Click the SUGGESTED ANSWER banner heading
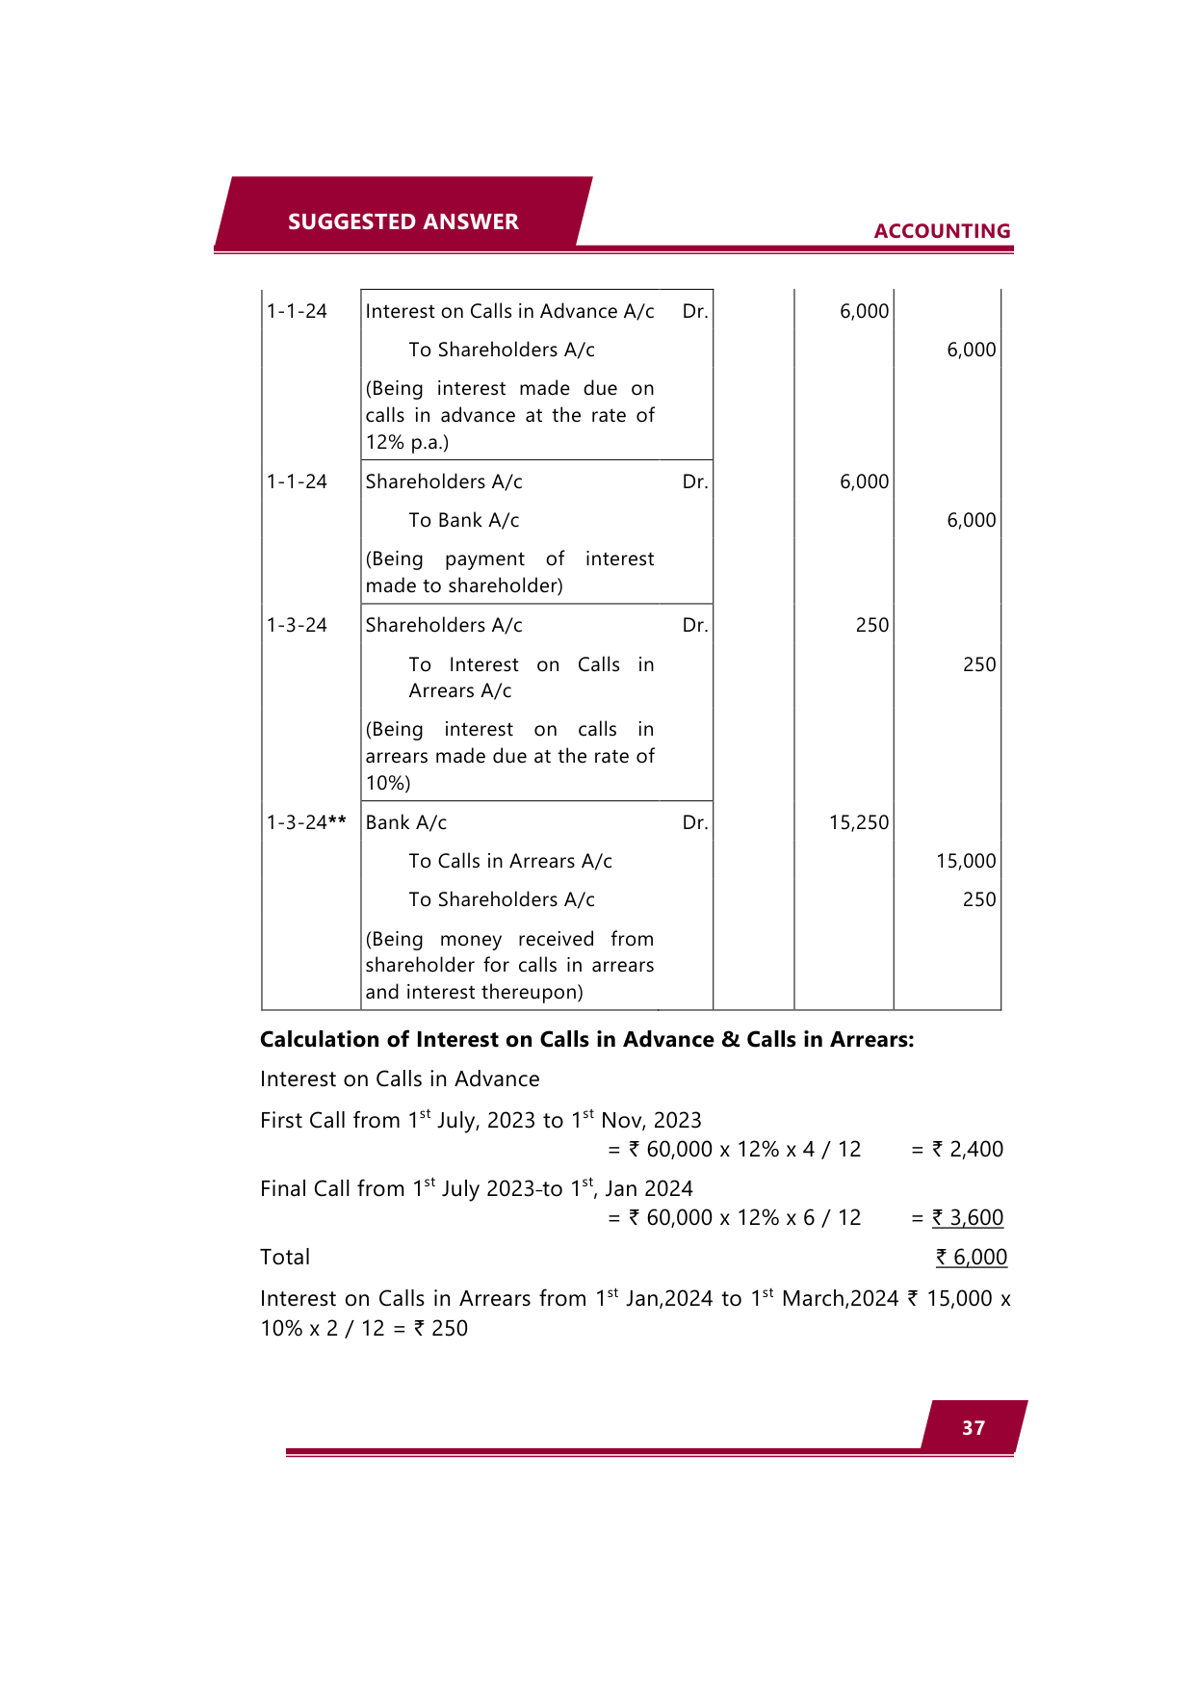(x=403, y=221)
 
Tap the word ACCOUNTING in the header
(x=942, y=231)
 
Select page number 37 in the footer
(x=974, y=1428)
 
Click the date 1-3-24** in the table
(x=306, y=822)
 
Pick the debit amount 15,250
(x=859, y=822)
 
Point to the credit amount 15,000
(x=966, y=861)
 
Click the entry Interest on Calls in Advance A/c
(x=509, y=311)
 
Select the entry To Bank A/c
(x=463, y=520)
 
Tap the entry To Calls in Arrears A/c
(x=510, y=861)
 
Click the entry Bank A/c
(x=406, y=822)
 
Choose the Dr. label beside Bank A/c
(x=695, y=822)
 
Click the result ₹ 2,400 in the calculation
(x=967, y=1149)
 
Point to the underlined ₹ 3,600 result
(x=967, y=1217)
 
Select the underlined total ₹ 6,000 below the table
(x=972, y=1257)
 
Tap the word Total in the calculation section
(x=285, y=1257)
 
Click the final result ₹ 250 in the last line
(x=441, y=1328)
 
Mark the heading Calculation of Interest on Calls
(x=586, y=1039)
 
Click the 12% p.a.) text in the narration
(x=407, y=442)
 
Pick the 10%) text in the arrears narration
(x=388, y=783)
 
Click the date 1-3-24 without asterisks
(x=297, y=625)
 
